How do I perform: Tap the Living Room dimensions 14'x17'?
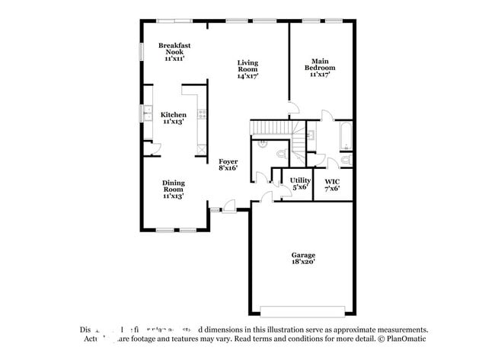click(247, 76)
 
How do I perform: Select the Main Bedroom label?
click(320, 64)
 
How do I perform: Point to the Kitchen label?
click(174, 115)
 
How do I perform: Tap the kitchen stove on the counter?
click(202, 114)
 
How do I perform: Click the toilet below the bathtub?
click(345, 160)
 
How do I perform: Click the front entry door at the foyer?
click(226, 206)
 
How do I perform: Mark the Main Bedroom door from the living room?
click(292, 107)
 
